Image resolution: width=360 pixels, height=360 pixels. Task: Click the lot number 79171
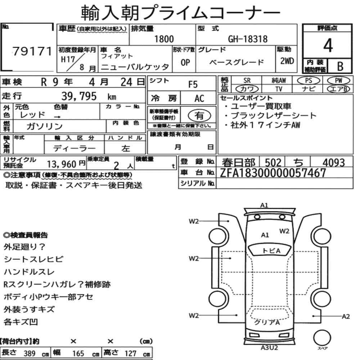tap(32, 51)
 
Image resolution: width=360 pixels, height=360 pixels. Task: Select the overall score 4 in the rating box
tap(328, 45)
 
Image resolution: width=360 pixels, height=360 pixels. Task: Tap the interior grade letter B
tap(340, 66)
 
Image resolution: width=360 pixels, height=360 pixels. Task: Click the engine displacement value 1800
tap(164, 39)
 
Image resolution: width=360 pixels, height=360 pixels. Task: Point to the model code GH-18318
tap(248, 39)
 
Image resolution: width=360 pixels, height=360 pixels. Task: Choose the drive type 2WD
tap(287, 61)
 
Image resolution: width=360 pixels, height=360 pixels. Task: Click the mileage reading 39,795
tap(79, 96)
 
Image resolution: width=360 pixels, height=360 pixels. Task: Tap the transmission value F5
tap(193, 85)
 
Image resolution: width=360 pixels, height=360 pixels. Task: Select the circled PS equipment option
tap(309, 81)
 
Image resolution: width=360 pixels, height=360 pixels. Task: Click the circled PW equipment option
tap(338, 81)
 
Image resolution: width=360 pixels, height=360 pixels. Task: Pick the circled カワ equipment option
tap(247, 89)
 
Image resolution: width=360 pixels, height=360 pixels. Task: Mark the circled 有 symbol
tap(199, 116)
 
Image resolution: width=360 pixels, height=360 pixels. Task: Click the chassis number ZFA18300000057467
tap(273, 173)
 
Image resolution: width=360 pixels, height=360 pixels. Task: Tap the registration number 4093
tap(334, 163)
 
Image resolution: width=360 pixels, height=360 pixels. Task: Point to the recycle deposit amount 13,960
tap(62, 164)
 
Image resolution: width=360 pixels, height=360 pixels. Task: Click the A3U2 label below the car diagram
tap(269, 348)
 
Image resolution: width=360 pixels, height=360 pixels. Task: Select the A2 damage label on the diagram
tap(346, 316)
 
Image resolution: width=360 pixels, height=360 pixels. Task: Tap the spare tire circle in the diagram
tap(322, 338)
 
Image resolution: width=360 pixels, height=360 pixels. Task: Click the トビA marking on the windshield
tap(271, 251)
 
